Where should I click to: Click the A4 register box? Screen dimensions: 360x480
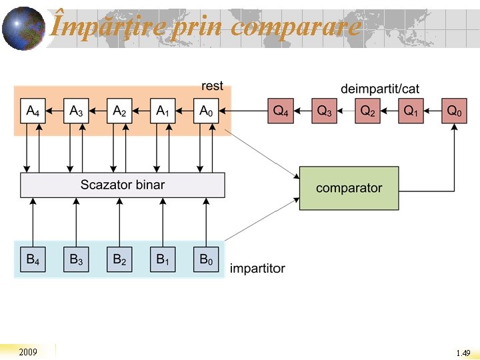[32, 111]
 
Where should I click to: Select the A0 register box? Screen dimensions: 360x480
[207, 111]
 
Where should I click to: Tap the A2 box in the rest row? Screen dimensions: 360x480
[119, 111]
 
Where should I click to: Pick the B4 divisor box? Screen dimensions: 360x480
[32, 259]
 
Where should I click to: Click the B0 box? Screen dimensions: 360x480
[207, 259]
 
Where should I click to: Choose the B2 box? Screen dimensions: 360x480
[119, 259]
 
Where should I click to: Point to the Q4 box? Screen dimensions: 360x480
[281, 111]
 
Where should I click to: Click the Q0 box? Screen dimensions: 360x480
[454, 111]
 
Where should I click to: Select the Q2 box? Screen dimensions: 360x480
[367, 111]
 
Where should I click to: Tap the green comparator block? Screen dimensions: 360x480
[349, 188]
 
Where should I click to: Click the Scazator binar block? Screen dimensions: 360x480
[123, 185]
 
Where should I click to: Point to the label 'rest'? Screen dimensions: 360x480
[212, 86]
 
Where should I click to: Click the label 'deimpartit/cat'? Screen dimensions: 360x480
[380, 89]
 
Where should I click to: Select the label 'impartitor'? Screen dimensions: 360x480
[257, 269]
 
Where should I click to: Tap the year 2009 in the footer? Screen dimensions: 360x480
[28, 352]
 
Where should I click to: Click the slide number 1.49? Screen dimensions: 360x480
[463, 353]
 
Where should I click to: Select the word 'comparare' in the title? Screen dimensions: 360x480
[297, 27]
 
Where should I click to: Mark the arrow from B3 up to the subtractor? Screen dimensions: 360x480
[76, 222]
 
